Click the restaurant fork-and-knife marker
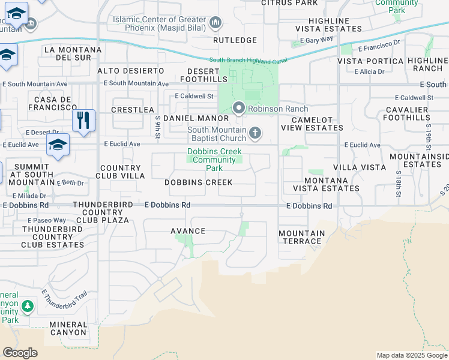83,120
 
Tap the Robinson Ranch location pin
239,109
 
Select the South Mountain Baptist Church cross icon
255,133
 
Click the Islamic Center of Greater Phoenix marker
215,23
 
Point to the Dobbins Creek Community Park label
214,160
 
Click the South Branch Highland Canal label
248,60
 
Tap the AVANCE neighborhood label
188,231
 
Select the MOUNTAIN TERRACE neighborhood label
302,237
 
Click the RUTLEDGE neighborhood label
235,40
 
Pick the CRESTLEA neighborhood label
133,110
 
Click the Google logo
20,353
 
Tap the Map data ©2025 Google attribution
412,355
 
